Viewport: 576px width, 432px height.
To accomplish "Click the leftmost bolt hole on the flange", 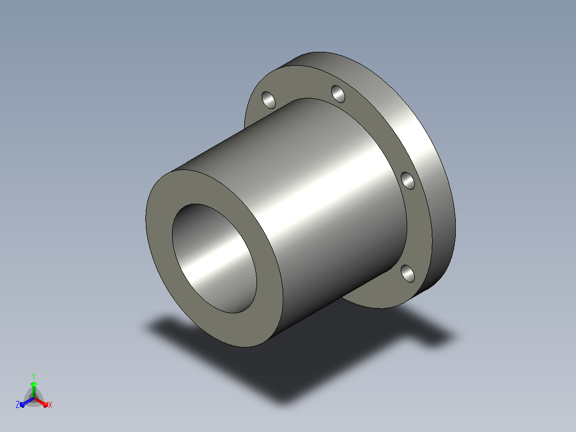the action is (269, 100).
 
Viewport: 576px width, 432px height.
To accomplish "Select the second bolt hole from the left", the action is (338, 94).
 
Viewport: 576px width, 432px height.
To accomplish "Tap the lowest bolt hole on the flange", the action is (407, 274).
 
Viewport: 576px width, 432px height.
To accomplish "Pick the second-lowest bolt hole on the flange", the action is (407, 181).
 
